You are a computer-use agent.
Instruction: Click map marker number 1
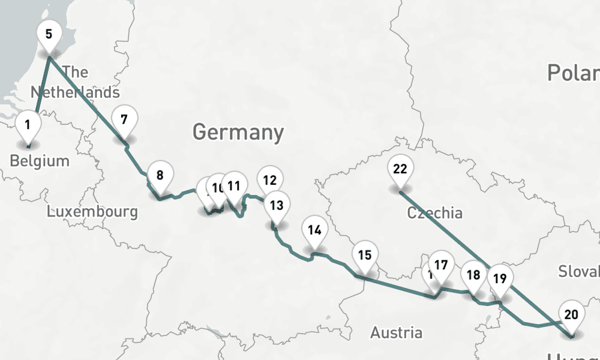[28, 126]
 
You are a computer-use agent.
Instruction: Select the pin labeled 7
[124, 119]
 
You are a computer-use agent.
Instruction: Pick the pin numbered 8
[160, 176]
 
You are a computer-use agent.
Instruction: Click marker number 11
[234, 186]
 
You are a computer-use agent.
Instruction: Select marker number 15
[364, 254]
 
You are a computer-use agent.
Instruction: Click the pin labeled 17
[441, 265]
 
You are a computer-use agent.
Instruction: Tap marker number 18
[473, 275]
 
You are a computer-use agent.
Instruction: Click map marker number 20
[571, 314]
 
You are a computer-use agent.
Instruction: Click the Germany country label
[238, 131]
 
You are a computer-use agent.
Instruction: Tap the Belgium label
[40, 161]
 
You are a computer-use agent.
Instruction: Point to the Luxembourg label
[92, 212]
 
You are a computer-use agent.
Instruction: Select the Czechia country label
[434, 213]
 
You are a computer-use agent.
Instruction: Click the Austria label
[396, 332]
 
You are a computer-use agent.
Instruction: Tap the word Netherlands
[75, 92]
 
